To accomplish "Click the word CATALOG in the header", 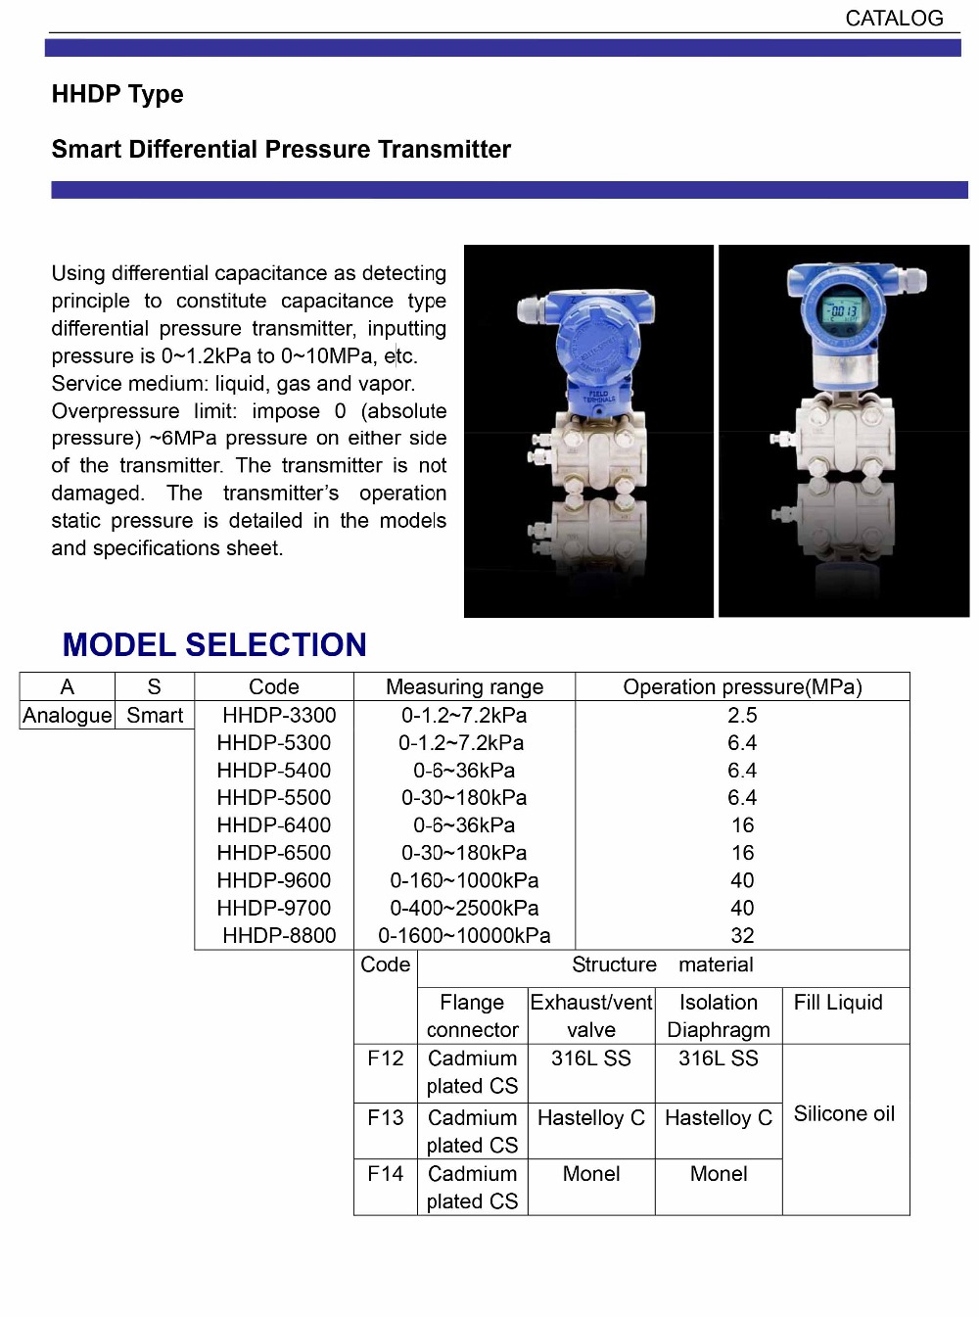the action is (x=894, y=19).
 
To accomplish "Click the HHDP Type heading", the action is (x=117, y=94).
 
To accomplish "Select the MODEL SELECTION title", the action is (x=214, y=645).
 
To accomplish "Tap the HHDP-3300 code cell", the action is (x=279, y=715).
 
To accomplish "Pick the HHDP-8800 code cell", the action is (x=279, y=935).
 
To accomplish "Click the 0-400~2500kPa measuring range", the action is (x=464, y=908).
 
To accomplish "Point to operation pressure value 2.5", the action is (x=742, y=715).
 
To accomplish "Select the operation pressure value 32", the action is (x=742, y=935).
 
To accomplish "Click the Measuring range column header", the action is (x=464, y=687).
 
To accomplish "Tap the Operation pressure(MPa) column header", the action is (x=742, y=687).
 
